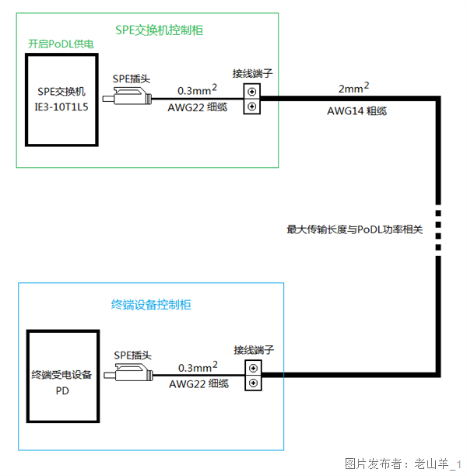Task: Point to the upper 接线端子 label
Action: [x=252, y=74]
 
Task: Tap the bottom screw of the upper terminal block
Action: [x=252, y=107]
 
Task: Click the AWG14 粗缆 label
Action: [x=357, y=111]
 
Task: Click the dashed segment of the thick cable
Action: [x=438, y=229]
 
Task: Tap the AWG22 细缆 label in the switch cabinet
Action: [x=198, y=107]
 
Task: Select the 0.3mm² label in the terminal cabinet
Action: [x=198, y=366]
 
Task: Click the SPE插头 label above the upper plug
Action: [x=131, y=79]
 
